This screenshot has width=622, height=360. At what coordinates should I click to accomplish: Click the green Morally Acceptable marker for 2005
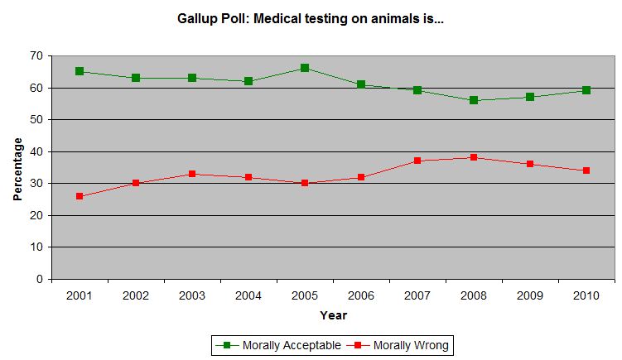[x=305, y=68]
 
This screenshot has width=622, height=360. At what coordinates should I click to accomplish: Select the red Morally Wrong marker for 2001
[x=80, y=196]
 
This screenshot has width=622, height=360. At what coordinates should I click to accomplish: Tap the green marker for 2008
[x=474, y=100]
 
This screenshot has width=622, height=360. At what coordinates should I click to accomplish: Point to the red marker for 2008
[x=474, y=157]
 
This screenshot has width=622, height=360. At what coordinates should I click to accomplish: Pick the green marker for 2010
[x=586, y=90]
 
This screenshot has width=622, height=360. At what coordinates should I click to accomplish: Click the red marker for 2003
[x=192, y=174]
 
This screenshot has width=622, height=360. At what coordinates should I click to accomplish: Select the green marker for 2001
[x=80, y=71]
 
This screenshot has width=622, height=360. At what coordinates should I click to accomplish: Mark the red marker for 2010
[x=586, y=170]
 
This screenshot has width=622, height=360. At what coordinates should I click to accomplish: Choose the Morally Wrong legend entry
[x=402, y=345]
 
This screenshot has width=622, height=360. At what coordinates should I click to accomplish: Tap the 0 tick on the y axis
[x=39, y=279]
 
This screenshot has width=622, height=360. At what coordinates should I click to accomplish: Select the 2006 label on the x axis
[x=361, y=295]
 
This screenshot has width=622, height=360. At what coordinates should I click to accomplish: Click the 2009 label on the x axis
[x=530, y=295]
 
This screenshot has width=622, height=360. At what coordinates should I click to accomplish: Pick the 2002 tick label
[x=136, y=295]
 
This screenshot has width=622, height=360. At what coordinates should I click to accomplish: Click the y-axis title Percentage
[x=17, y=168]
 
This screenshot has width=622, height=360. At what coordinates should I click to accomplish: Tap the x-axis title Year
[x=333, y=315]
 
